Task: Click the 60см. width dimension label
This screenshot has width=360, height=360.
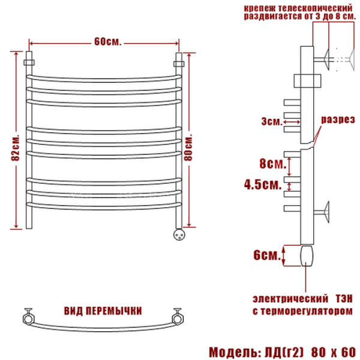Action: [x=107, y=42]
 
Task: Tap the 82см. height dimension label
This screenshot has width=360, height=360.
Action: [x=16, y=147]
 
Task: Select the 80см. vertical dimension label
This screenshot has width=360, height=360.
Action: [x=188, y=147]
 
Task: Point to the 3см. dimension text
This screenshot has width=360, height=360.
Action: [x=271, y=121]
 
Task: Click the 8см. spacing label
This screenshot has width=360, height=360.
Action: [x=273, y=163]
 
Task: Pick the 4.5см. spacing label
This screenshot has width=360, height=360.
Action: [x=263, y=184]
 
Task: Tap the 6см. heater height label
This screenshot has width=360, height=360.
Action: [x=267, y=255]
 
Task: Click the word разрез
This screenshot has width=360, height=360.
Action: [x=338, y=119]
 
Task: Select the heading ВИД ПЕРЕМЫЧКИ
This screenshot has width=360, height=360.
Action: [x=103, y=311]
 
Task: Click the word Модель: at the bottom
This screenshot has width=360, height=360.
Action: [x=235, y=352]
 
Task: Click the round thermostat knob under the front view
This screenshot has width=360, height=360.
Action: [x=179, y=235]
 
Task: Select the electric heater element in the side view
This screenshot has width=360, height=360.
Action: [x=307, y=256]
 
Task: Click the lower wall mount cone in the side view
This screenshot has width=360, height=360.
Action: [x=326, y=212]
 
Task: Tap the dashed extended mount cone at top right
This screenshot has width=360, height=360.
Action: [x=352, y=59]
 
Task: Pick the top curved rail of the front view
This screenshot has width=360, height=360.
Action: [x=104, y=79]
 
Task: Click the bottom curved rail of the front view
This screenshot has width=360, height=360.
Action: [x=104, y=206]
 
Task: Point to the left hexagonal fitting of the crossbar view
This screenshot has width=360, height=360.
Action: [x=29, y=319]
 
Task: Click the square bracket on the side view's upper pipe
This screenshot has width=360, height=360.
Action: [x=307, y=80]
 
